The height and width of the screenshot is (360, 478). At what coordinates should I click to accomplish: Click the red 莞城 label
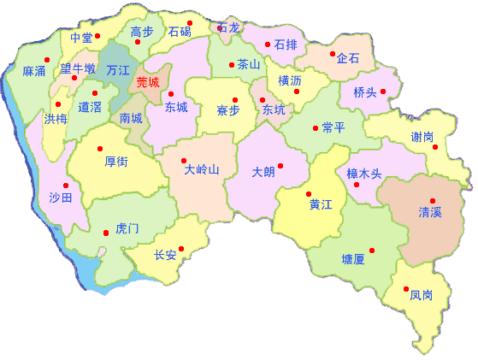[x=148, y=83]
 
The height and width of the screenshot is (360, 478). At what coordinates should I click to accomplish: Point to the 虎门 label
[x=127, y=228]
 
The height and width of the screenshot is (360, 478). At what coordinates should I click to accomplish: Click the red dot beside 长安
[x=181, y=249]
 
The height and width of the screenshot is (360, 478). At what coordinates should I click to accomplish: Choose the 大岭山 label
[x=202, y=169]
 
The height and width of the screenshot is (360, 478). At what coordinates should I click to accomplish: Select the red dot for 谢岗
[x=435, y=147]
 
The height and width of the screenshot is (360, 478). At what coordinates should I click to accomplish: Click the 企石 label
[x=348, y=59]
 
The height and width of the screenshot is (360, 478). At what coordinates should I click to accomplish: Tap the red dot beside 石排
[x=268, y=44]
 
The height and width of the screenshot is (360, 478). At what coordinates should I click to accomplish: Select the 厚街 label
[x=116, y=160]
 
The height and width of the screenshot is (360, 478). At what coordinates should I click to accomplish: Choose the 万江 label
[x=118, y=70]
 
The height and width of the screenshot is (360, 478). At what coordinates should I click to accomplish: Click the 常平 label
[x=333, y=127]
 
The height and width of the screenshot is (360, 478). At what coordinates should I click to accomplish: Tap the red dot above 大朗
[x=280, y=165]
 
